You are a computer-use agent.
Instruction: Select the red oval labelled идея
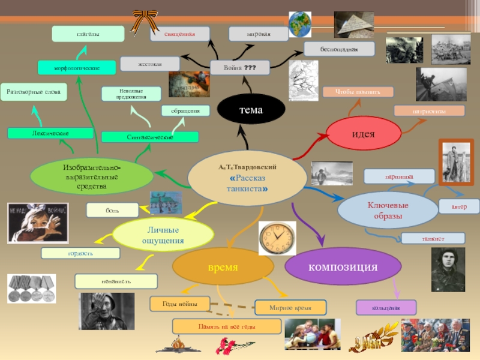(x=363, y=133)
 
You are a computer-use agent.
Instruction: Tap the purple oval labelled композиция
(x=343, y=266)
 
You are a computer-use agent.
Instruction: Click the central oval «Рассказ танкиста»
(x=248, y=175)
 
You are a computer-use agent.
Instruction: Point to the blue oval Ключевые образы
(x=388, y=210)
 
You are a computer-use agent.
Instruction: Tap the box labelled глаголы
(x=88, y=34)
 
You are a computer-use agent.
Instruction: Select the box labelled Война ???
(x=240, y=67)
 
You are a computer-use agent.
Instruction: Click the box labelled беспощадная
(x=339, y=49)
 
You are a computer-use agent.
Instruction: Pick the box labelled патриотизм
(x=429, y=110)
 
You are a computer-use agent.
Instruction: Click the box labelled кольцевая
(x=386, y=308)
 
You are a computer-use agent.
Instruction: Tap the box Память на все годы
(x=227, y=326)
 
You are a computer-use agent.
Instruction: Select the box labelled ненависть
(x=116, y=281)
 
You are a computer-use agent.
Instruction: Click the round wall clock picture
(x=277, y=237)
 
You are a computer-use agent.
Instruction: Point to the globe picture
(x=300, y=25)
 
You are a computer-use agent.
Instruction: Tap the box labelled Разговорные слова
(x=33, y=92)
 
